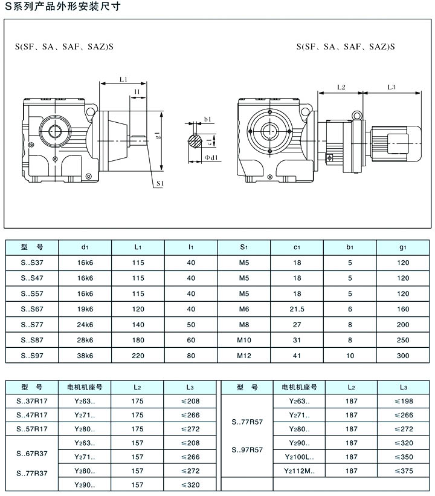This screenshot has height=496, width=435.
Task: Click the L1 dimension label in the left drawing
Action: [x=123, y=79]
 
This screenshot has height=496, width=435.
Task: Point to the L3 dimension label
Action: [x=391, y=87]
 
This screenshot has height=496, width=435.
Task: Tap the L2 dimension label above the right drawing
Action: [x=340, y=87]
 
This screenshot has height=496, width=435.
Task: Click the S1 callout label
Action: [x=160, y=182]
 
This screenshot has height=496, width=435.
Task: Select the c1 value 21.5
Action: [x=297, y=309]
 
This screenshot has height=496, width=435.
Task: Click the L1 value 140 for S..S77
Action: [x=138, y=325]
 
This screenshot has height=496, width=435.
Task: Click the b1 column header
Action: [x=349, y=247]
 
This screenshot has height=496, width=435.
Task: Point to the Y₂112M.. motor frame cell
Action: [x=299, y=470]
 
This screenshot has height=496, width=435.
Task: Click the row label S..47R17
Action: [x=31, y=414]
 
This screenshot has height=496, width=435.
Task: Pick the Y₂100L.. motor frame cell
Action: [x=299, y=457]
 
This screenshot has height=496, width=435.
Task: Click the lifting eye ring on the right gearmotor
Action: [x=356, y=114]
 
